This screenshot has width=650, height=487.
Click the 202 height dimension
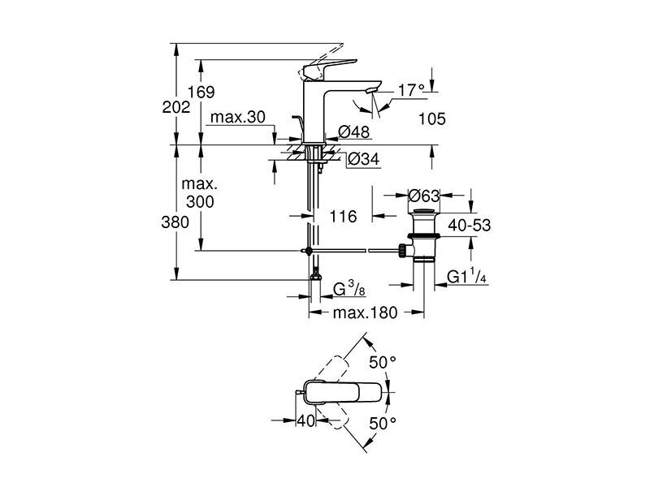(176, 107)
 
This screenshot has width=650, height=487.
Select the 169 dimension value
(201, 92)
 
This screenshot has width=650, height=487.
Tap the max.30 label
(237, 117)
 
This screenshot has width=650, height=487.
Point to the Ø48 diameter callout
(353, 132)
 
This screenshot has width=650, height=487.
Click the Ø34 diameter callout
(363, 159)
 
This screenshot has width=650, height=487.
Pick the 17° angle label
(411, 90)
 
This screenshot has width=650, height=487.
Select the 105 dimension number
(432, 119)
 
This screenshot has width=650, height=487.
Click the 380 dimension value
(175, 222)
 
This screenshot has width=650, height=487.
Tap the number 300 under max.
(200, 201)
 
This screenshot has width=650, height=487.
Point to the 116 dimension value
(343, 216)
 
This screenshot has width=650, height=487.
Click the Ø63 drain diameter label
(423, 195)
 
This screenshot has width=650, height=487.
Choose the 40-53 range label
(470, 226)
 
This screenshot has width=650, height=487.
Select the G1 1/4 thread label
(466, 276)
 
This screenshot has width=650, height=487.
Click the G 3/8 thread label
(349, 289)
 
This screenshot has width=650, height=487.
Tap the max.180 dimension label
(365, 312)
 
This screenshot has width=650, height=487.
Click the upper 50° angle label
(383, 363)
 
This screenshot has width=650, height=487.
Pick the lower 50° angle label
(383, 424)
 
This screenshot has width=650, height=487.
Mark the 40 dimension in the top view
(306, 420)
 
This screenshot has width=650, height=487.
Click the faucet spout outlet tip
(372, 91)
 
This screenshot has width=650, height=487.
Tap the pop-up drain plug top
(423, 211)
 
